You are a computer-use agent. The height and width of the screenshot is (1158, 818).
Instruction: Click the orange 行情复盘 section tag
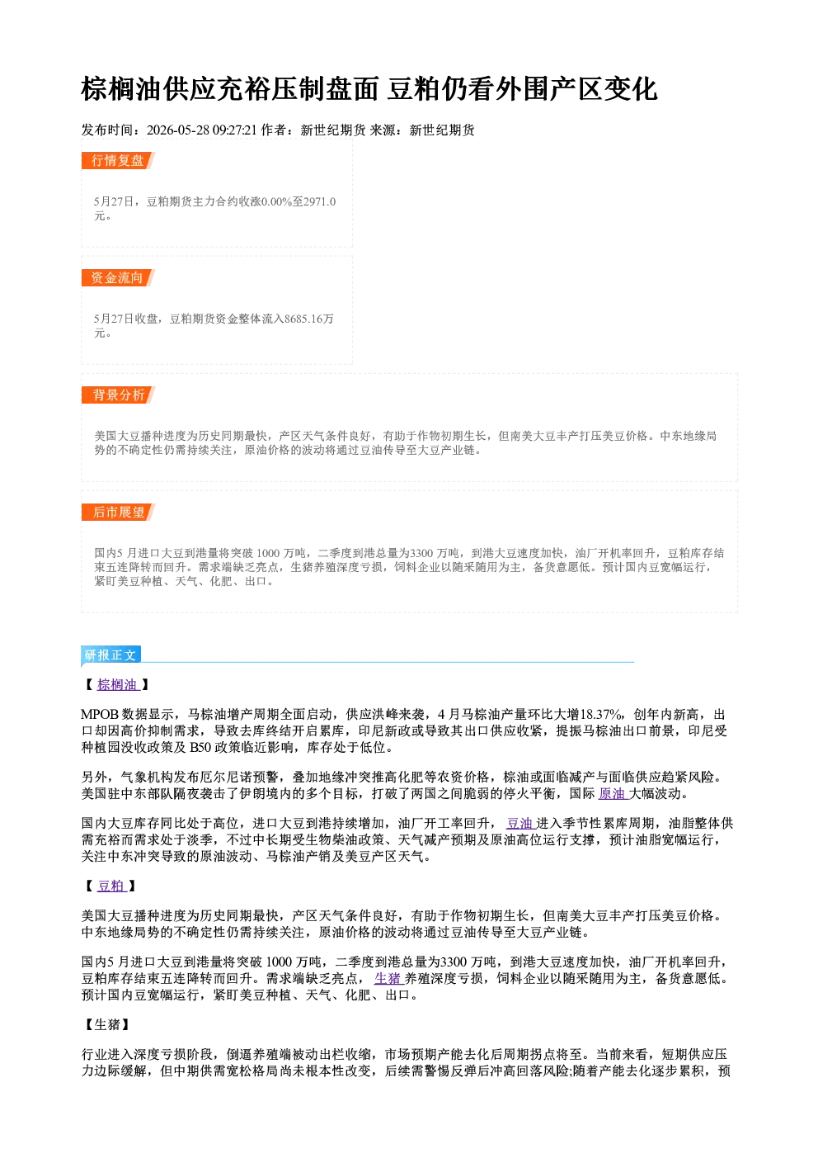(x=118, y=160)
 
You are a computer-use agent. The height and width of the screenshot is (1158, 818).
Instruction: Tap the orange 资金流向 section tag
(x=118, y=277)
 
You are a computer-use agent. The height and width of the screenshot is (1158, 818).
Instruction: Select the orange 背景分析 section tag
(x=118, y=395)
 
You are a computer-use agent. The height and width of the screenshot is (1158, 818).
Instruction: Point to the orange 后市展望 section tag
(x=118, y=513)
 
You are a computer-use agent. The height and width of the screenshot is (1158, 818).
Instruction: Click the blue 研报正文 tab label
(x=110, y=655)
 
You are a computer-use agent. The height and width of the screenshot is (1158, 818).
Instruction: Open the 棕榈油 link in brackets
(x=117, y=684)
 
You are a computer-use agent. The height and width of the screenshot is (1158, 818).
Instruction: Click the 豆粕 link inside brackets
(x=111, y=886)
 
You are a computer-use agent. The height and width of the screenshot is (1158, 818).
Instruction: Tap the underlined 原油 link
(x=612, y=793)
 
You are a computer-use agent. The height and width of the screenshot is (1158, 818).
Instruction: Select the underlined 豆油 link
(x=519, y=824)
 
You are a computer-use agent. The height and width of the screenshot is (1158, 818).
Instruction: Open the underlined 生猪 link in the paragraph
(x=388, y=979)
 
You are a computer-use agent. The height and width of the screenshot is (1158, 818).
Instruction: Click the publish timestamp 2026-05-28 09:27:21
(x=202, y=130)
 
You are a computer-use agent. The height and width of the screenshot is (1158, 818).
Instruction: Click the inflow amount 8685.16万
(x=309, y=319)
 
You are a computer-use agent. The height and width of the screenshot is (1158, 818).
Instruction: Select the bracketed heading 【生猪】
(x=107, y=1024)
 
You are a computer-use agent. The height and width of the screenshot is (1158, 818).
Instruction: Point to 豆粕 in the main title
(x=414, y=89)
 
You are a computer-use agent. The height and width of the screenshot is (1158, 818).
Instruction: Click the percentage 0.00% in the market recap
(x=277, y=201)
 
